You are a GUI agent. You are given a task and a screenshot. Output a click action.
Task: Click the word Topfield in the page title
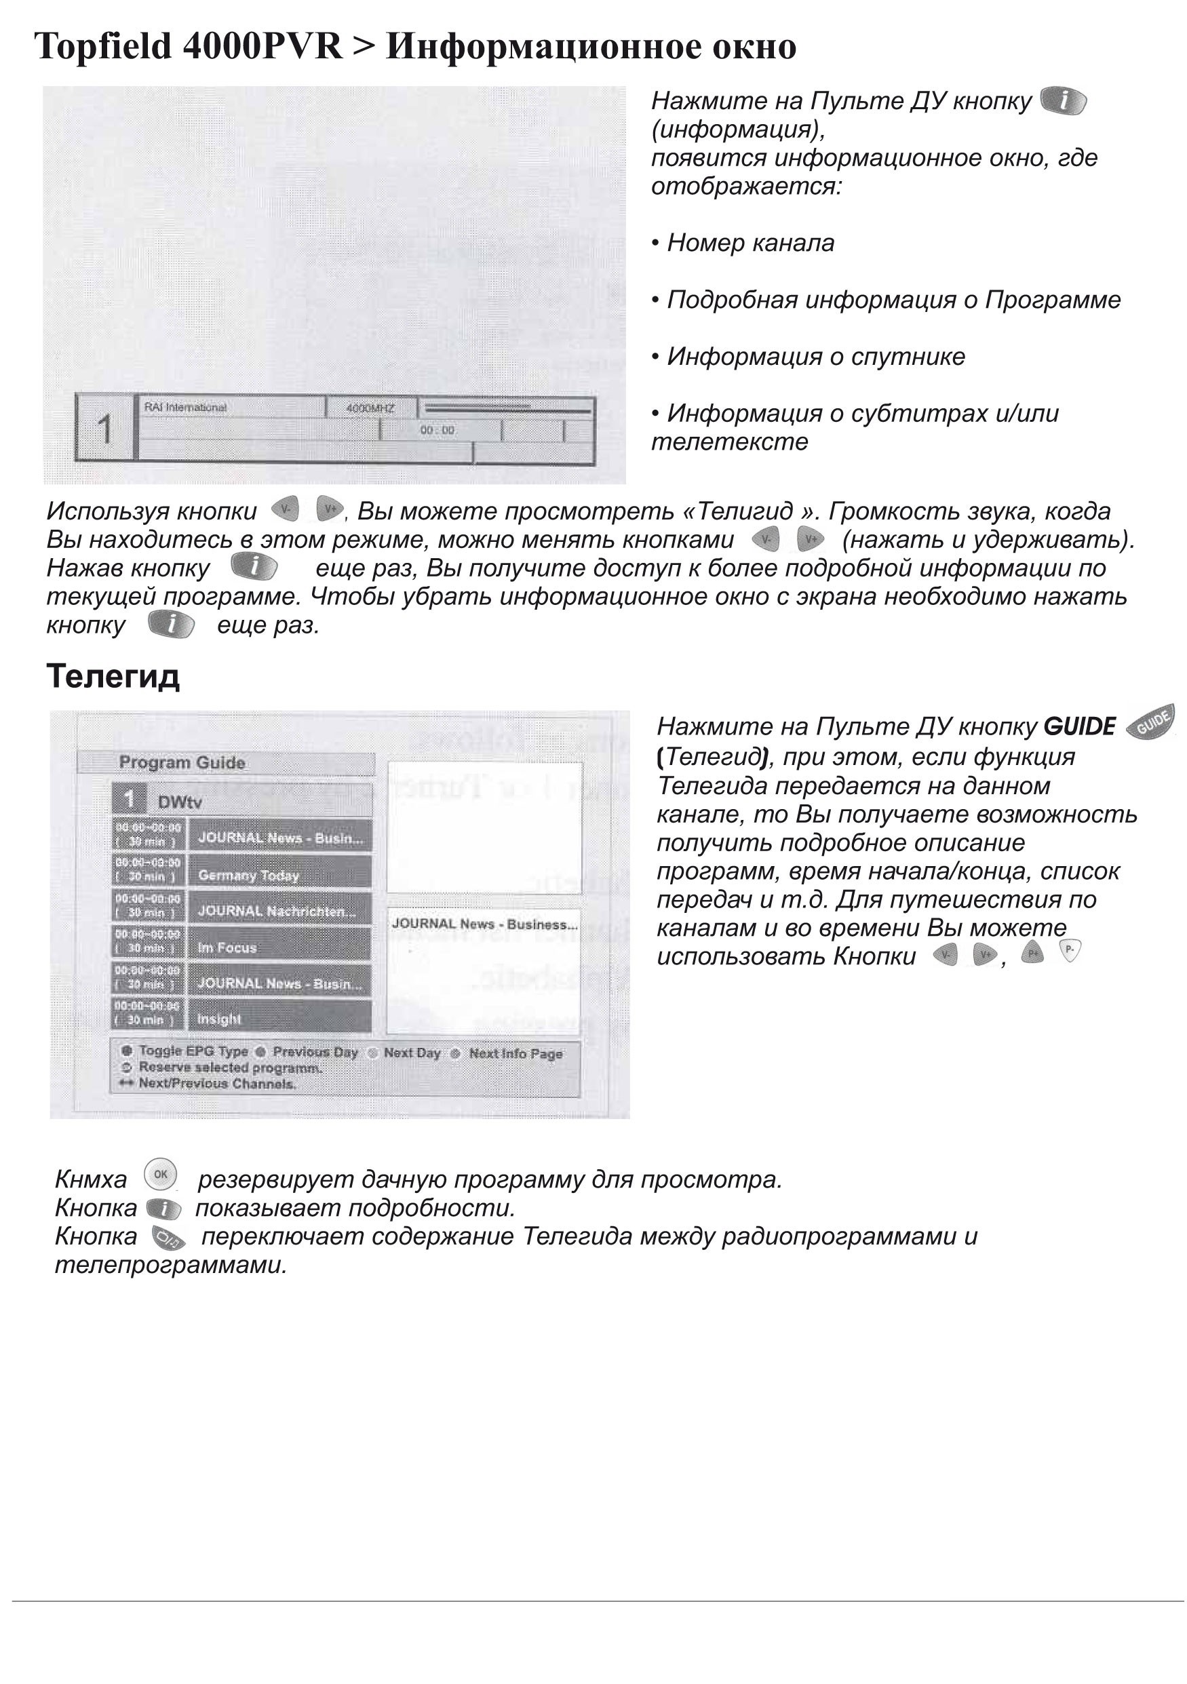click(102, 47)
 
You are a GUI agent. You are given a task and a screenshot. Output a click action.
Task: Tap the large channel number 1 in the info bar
click(105, 429)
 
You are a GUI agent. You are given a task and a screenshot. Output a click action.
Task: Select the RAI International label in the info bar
click(185, 408)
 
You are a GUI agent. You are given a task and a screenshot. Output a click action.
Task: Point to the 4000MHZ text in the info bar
click(370, 408)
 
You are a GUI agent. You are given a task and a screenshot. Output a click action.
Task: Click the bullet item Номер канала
click(750, 243)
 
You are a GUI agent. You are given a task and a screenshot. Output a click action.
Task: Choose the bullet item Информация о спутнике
click(815, 357)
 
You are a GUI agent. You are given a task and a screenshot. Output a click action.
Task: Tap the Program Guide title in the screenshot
click(182, 763)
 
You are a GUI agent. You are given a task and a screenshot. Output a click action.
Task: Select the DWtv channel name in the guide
click(180, 802)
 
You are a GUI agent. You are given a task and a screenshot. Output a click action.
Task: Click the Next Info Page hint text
click(515, 1054)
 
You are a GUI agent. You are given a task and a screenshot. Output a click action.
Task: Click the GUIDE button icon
click(1150, 722)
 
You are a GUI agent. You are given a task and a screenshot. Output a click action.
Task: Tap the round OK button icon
click(161, 1174)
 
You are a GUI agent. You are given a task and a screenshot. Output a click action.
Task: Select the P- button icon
click(1070, 952)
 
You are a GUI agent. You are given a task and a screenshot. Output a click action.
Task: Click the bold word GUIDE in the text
click(1078, 727)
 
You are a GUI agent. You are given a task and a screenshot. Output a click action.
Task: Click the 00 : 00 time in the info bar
click(437, 431)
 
